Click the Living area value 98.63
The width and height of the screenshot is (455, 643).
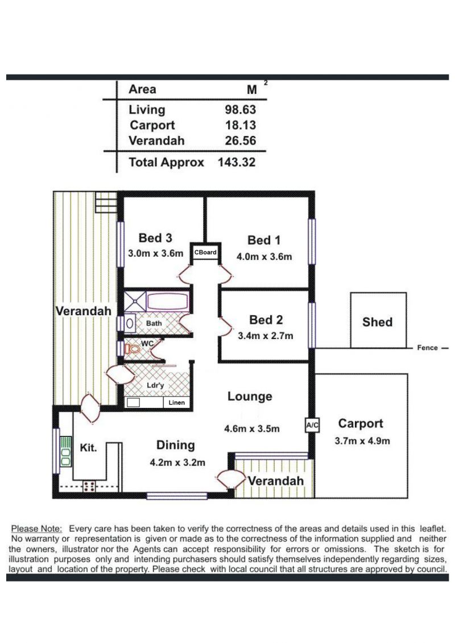[x=240, y=109]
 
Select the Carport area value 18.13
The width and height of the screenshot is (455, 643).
[x=240, y=125]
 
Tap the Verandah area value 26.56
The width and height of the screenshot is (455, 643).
[x=240, y=141]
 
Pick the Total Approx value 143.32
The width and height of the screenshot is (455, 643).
[x=237, y=162]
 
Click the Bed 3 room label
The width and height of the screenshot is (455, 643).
[x=155, y=238]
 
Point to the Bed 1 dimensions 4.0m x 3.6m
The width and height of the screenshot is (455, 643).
[x=264, y=257]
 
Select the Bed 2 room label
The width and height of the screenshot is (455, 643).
[x=266, y=319]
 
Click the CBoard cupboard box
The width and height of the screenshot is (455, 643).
[x=205, y=253]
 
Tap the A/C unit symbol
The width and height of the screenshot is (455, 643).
[x=312, y=425]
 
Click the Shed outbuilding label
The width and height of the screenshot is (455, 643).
[x=377, y=322]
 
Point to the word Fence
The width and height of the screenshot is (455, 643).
[x=428, y=348]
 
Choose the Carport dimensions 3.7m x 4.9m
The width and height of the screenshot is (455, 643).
[x=362, y=441]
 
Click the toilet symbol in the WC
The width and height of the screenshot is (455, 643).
[x=132, y=349]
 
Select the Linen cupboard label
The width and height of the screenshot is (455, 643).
[x=177, y=403]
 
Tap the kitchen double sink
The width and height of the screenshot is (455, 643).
[x=65, y=451]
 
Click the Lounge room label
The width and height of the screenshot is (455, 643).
[x=250, y=397]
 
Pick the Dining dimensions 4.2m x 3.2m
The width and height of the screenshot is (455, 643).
[x=177, y=463]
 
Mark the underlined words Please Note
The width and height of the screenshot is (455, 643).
[x=36, y=529]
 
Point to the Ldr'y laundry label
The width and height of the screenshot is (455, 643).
[x=155, y=385]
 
